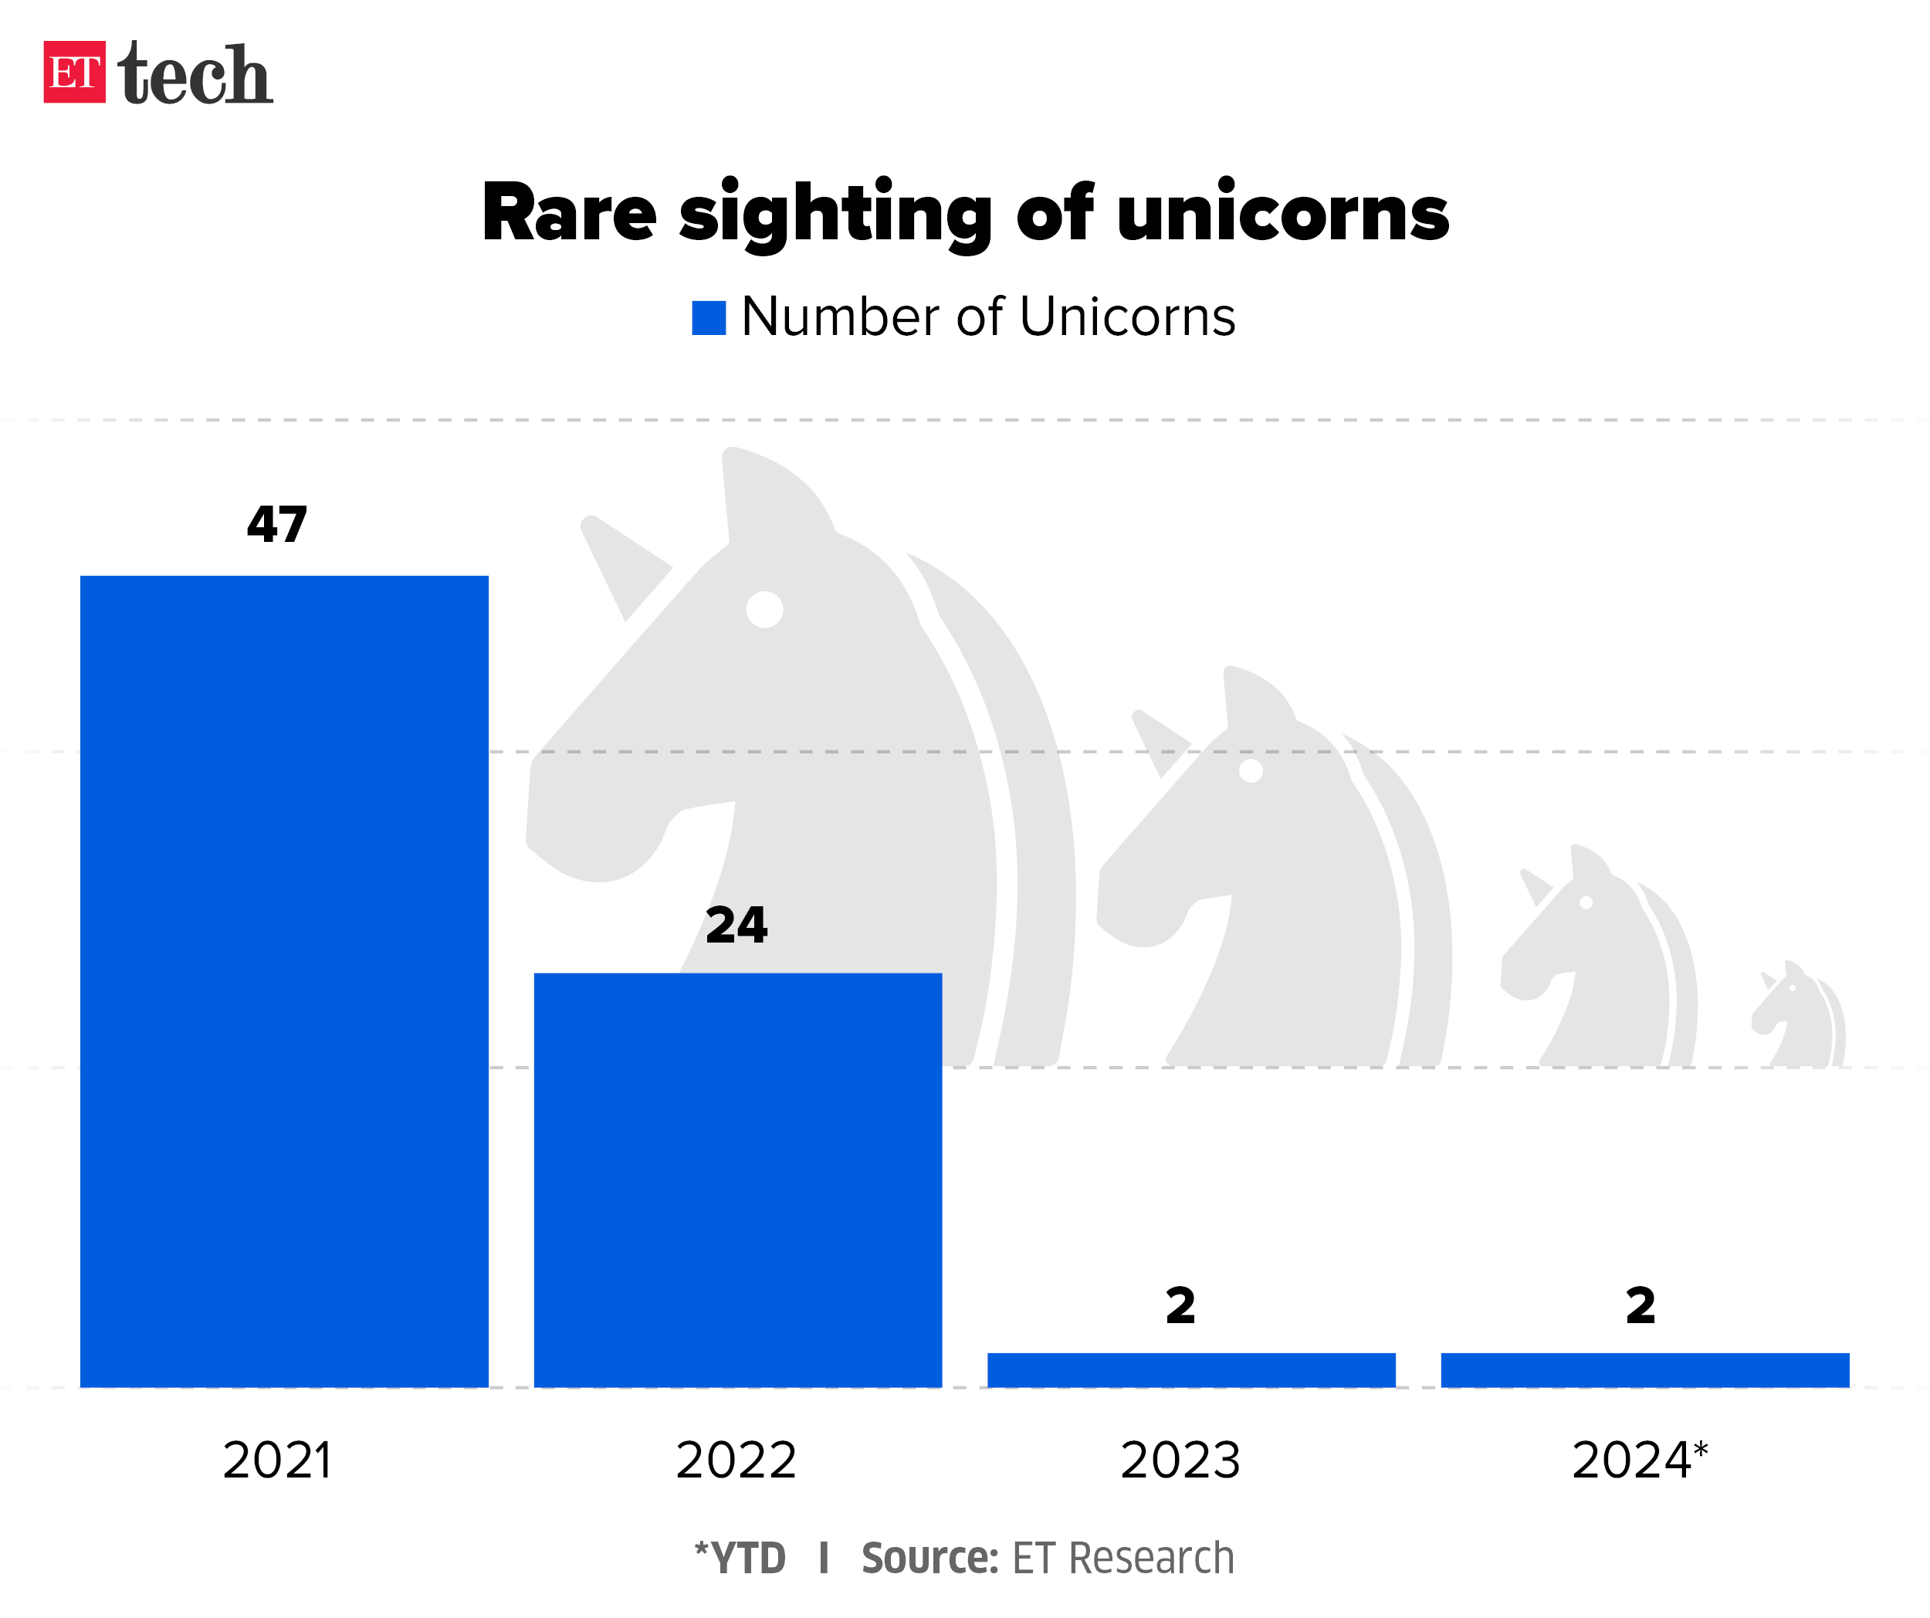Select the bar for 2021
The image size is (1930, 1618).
(x=284, y=980)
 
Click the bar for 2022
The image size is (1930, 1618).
(x=737, y=1180)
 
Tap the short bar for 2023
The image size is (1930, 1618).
(x=1191, y=1370)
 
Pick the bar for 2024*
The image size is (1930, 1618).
(x=1644, y=1370)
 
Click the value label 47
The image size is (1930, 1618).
(x=276, y=526)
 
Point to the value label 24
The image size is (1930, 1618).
(x=736, y=926)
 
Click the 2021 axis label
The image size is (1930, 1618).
(x=276, y=1460)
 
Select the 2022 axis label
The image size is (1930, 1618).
(x=736, y=1460)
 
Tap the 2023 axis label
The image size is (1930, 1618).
(x=1180, y=1460)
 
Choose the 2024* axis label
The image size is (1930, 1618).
(x=1639, y=1460)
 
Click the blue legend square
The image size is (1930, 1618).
(x=709, y=318)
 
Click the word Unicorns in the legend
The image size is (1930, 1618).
(x=1127, y=318)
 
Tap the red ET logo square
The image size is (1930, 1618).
(x=74, y=72)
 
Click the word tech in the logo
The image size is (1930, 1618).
(x=195, y=73)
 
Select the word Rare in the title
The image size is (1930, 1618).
(x=569, y=213)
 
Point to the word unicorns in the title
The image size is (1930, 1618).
(x=1283, y=213)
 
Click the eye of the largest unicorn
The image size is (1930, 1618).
(x=764, y=609)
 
